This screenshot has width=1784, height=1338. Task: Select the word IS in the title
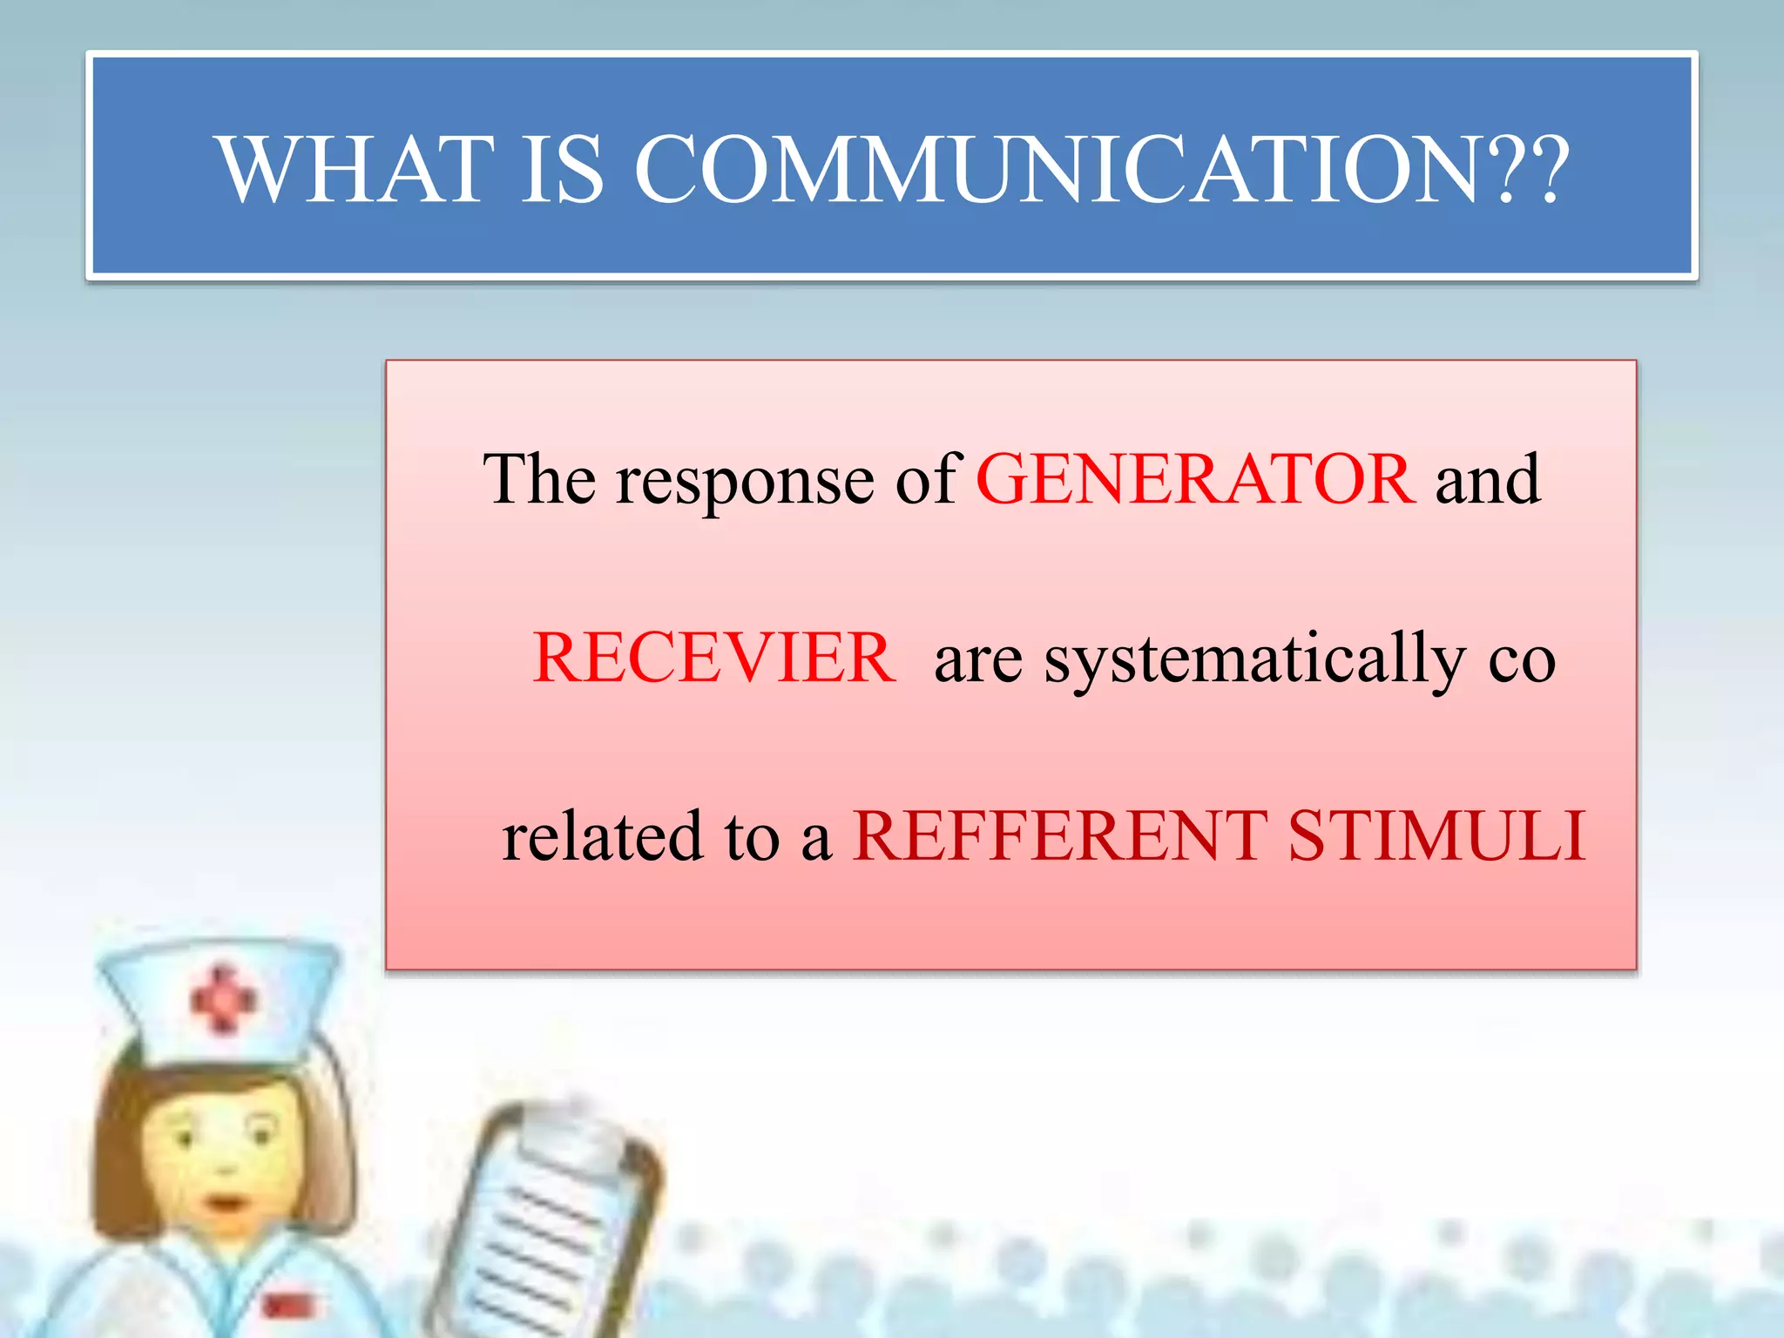562,169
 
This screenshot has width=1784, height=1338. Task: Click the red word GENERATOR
1195,479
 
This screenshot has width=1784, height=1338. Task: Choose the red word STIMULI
1436,836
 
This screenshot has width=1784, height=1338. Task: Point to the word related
602,836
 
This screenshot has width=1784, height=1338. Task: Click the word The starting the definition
539,479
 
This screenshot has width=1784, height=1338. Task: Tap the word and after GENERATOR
1488,479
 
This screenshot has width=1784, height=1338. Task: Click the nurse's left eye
185,1137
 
